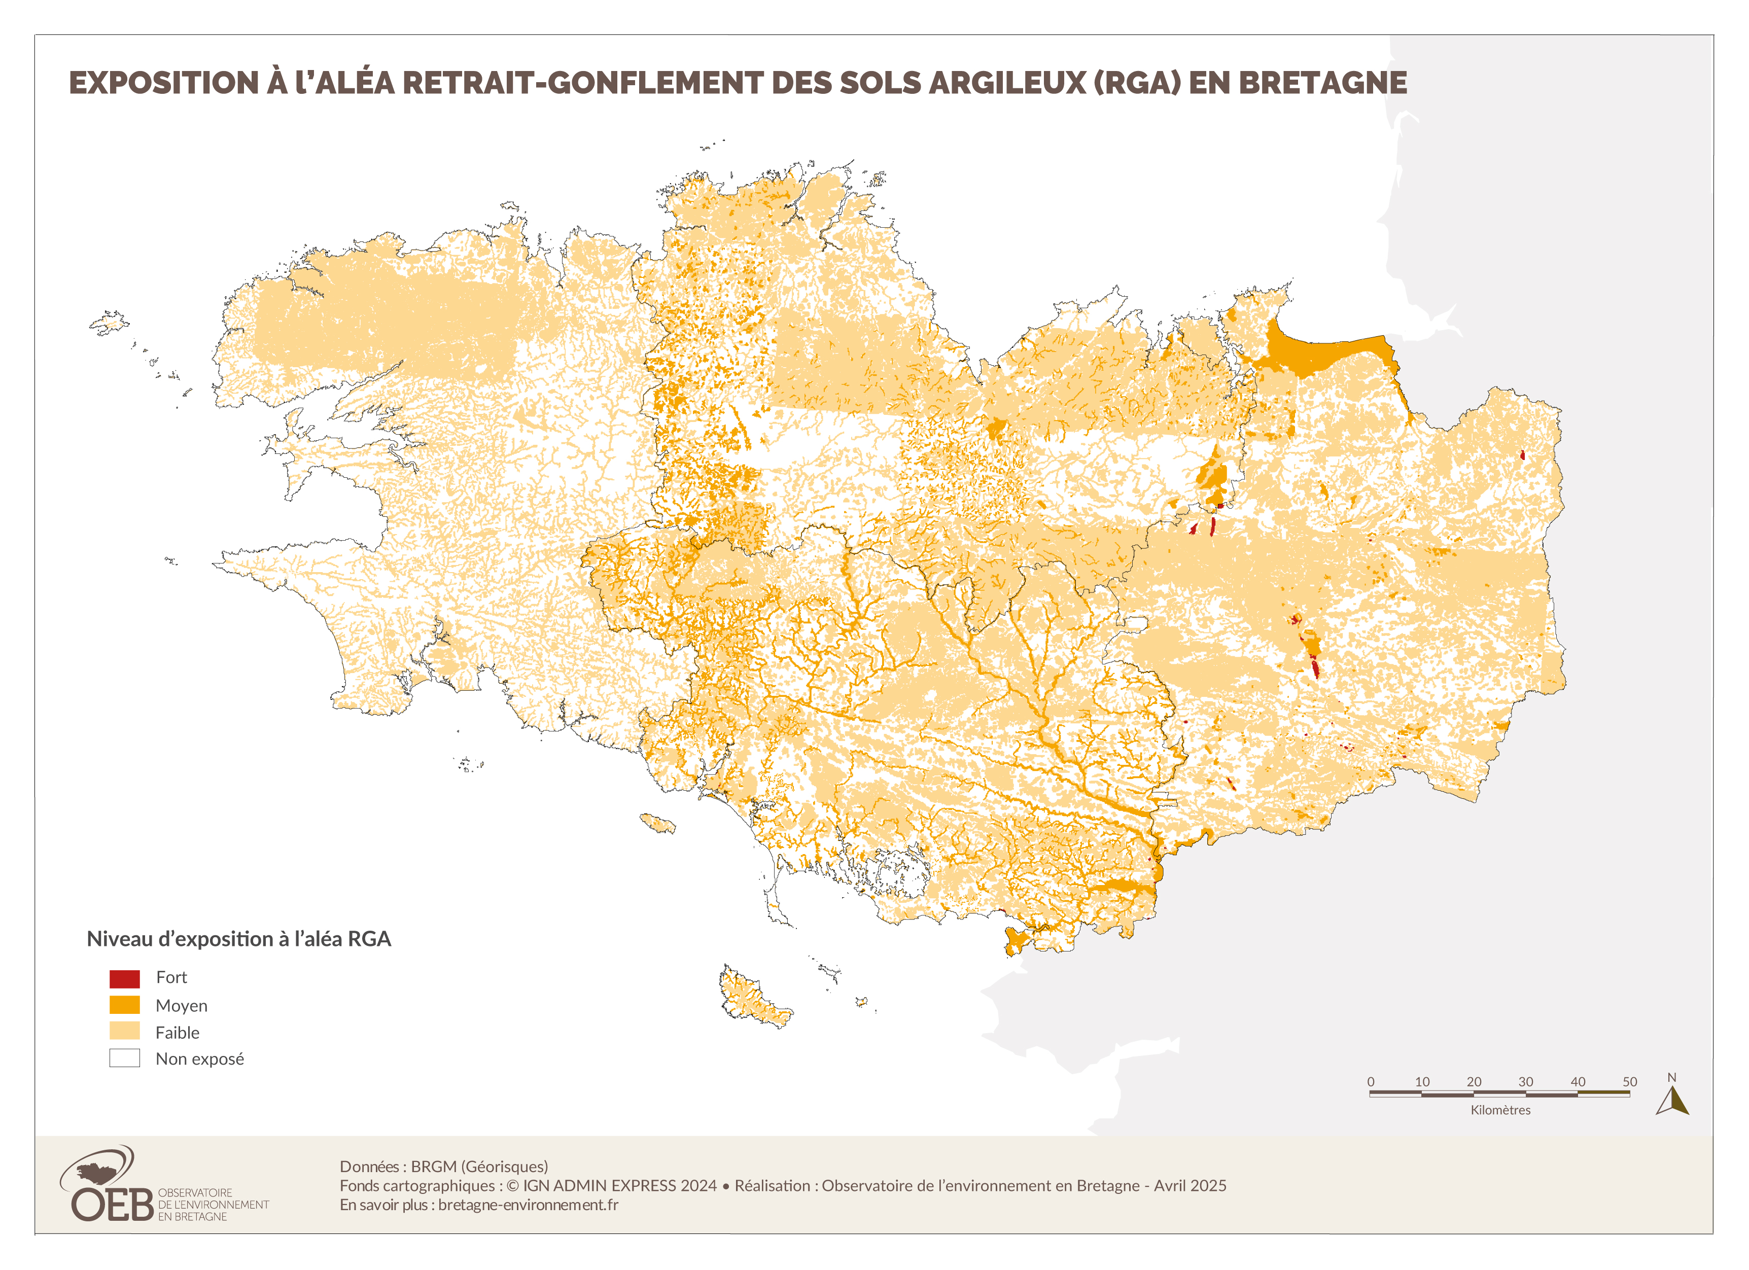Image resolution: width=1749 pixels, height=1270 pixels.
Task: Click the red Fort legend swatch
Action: point(124,978)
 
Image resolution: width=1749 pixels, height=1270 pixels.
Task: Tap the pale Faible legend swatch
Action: point(124,1031)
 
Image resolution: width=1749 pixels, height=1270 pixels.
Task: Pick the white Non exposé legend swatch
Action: point(124,1058)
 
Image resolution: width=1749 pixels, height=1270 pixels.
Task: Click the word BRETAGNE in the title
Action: point(1322,83)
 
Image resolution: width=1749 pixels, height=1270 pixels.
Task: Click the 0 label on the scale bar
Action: point(1371,1081)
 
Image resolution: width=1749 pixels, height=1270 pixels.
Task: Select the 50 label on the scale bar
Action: point(1629,1081)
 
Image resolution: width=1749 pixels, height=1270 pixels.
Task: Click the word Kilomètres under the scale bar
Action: point(1500,1110)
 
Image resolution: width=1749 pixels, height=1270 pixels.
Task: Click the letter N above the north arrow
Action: point(1671,1077)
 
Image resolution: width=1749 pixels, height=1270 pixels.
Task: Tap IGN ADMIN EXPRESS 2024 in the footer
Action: point(619,1185)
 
